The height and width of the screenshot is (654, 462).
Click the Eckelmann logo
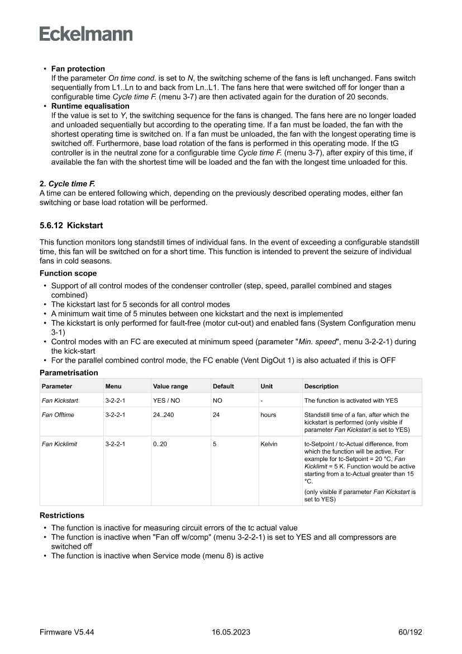coord(86,34)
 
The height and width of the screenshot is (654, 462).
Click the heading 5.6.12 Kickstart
coord(72,225)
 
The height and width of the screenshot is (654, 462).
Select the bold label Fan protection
coord(78,69)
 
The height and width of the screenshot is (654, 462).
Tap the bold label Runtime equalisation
coord(90,106)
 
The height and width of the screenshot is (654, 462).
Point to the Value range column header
coord(170,386)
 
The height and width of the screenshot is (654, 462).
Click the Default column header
coord(223,386)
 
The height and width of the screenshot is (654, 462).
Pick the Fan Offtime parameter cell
coord(58,415)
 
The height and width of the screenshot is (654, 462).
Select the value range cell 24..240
coord(164,415)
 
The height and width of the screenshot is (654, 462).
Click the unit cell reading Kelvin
coord(269,444)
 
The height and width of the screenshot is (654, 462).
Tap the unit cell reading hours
coord(268,415)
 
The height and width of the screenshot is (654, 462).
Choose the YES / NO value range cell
coord(166,401)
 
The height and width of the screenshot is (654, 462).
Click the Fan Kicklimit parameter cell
coord(60,444)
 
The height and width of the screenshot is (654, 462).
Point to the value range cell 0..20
coord(160,444)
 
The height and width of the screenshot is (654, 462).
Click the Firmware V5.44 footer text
coord(66,632)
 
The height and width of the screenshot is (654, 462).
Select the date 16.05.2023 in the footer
coord(231,632)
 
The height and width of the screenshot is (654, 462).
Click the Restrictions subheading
coord(62,515)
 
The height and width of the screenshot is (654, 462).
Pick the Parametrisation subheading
coord(69,373)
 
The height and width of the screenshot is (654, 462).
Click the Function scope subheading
coord(68,274)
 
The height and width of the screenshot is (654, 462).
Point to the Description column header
coord(321,386)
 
